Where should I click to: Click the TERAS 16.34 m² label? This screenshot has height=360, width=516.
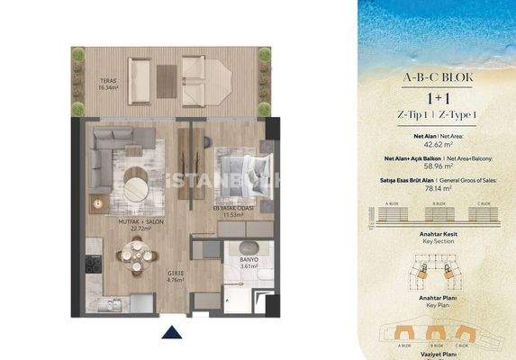[109, 85]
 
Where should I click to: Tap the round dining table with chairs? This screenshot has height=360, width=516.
[135, 261]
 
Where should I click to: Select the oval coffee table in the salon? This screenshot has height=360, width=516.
[138, 184]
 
